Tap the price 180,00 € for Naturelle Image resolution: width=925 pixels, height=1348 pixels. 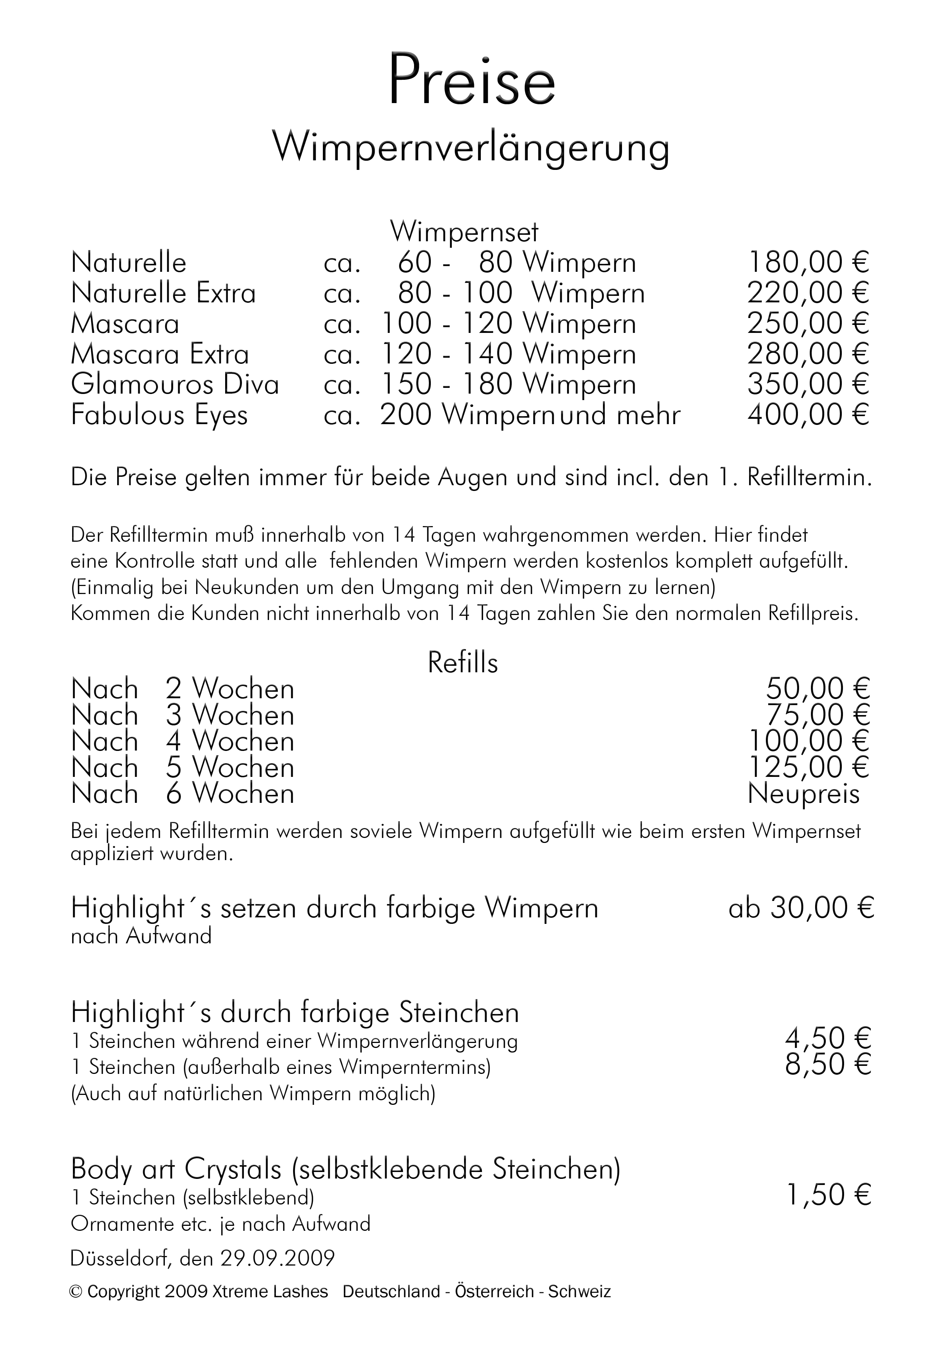pos(808,262)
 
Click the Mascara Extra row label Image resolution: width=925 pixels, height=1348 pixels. pos(160,354)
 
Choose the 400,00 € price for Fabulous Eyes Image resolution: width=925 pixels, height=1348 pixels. pos(808,415)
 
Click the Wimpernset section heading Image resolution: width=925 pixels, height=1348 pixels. pos(464,232)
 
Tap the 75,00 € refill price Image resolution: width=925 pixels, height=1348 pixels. pos(818,715)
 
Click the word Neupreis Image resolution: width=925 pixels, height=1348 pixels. pos(803,793)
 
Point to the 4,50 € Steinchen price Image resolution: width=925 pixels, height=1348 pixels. pos(828,1037)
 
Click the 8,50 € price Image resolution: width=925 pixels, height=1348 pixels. pos(828,1064)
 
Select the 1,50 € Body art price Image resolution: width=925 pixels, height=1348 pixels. pos(828,1195)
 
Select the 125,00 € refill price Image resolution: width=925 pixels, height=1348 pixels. pos(809,767)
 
